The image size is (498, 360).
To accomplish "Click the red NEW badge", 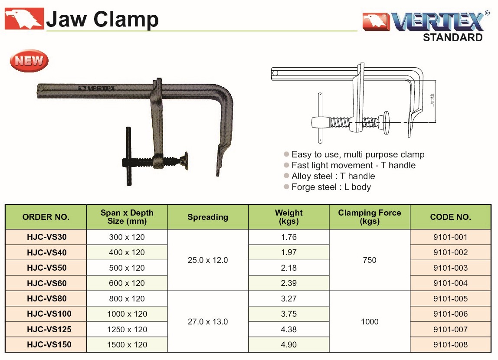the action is pos(29,60).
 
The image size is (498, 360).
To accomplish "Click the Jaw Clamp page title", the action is pos(102,20).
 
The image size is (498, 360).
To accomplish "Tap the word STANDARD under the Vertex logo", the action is pos(452,37).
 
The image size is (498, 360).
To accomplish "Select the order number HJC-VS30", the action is pos(47,237).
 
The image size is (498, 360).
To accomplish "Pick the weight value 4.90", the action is pos(289,345).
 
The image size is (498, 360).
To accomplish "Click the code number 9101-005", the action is pos(450,299).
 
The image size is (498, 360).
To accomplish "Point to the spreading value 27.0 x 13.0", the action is pos(208,321).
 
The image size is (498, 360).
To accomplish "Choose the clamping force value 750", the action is pos(369,260).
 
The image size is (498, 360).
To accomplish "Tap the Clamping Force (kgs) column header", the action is pos(369,217).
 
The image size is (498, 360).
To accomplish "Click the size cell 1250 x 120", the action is pos(127,330).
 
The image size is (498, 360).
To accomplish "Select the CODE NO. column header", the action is pos(450,217).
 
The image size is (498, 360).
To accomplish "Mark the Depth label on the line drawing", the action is pos(432,100).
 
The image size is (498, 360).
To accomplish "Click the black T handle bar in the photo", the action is pos(129,156).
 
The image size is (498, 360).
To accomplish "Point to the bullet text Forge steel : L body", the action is pos(331,187).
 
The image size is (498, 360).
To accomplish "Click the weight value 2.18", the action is pos(289,268).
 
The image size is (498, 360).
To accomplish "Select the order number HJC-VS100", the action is pos(49,314).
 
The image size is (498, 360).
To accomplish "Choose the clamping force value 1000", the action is pos(370,321).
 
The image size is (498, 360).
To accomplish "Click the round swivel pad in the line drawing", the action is pos(386,123).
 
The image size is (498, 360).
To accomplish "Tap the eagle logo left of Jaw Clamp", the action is pos(24,19).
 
